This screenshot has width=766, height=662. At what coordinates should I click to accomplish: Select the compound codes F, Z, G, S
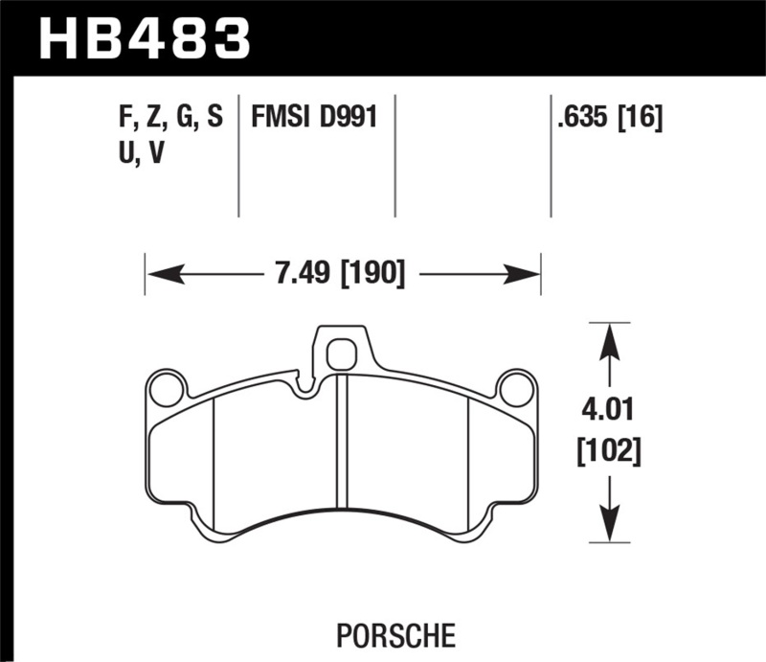pos(168,119)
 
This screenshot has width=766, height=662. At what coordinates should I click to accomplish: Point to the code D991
pos(347,119)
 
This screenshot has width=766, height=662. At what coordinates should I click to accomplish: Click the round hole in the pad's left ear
pos(168,390)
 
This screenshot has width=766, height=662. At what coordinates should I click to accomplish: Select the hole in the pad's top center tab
pos(340,355)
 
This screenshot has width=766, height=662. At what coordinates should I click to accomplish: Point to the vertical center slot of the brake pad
pos(341,440)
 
